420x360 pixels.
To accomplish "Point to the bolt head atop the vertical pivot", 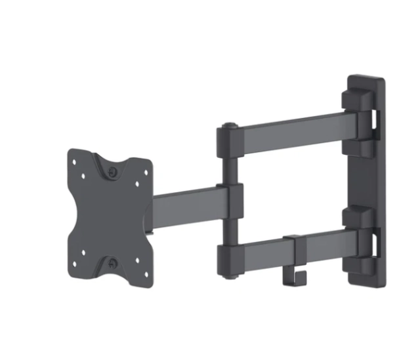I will click(x=228, y=124).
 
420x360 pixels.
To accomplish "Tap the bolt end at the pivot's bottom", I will click(x=230, y=275).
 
